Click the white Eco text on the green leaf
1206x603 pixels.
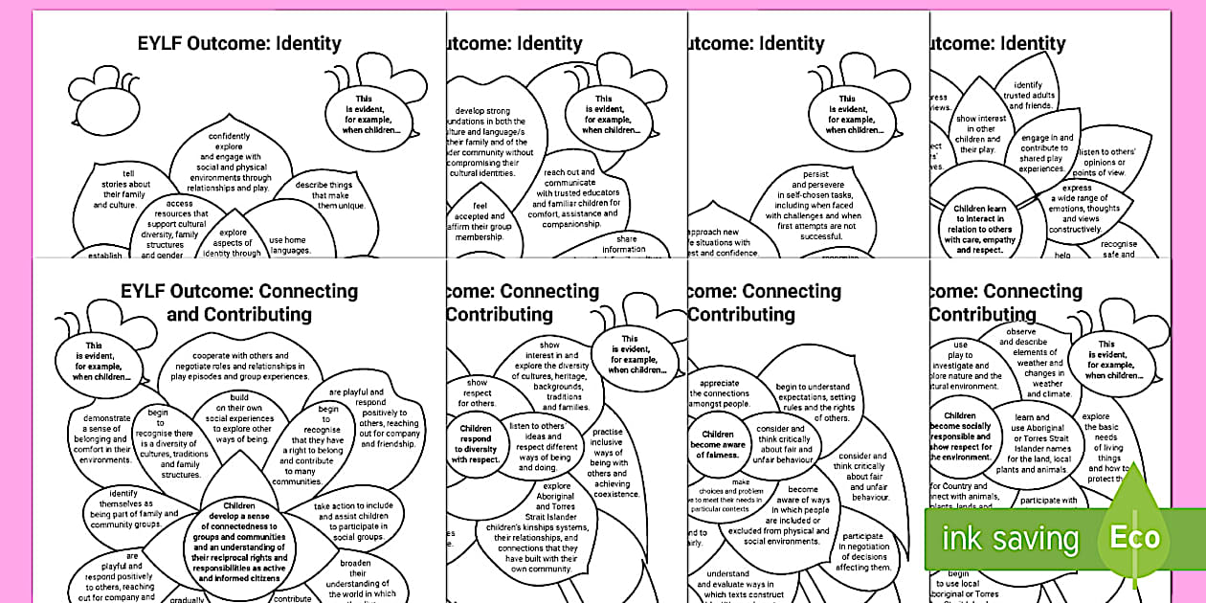(x=1134, y=537)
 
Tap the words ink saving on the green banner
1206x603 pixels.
(x=1010, y=539)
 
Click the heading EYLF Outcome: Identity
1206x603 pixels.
(x=238, y=43)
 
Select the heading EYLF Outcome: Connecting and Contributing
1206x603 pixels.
(x=238, y=302)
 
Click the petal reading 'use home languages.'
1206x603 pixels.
(x=290, y=245)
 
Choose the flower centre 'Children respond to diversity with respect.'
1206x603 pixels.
(x=477, y=444)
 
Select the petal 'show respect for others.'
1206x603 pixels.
(x=477, y=392)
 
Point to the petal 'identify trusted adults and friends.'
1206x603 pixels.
(x=1027, y=96)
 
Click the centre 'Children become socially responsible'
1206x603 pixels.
(x=960, y=436)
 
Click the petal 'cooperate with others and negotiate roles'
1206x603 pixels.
(x=234, y=366)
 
